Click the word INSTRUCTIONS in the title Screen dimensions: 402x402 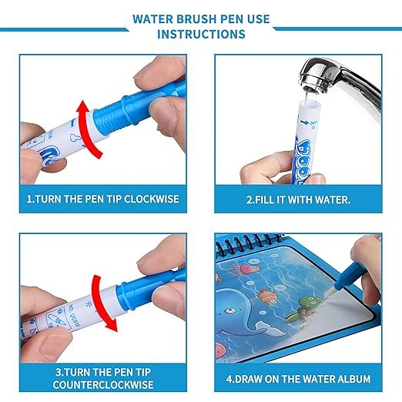click(201, 35)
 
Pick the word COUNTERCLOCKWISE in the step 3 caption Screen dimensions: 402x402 click(105, 384)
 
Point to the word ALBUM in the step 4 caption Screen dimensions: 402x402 click(353, 378)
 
